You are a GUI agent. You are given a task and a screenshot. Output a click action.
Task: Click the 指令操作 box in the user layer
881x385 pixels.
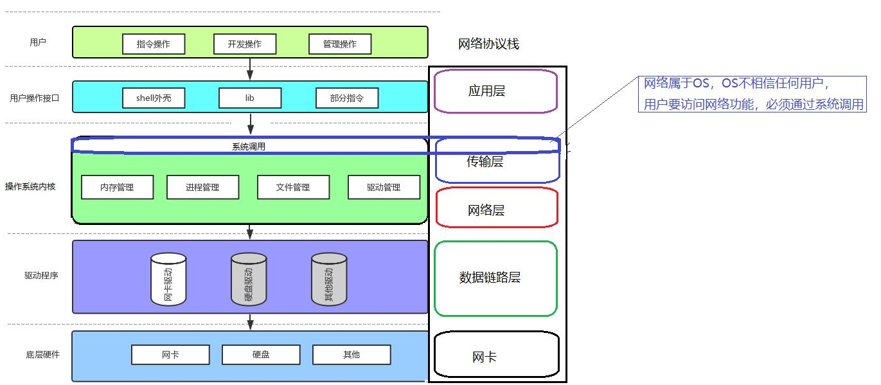pyautogui.click(x=154, y=44)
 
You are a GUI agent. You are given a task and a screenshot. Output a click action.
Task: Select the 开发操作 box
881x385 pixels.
pyautogui.click(x=245, y=44)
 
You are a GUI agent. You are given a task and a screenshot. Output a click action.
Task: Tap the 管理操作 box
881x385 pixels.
pyautogui.click(x=339, y=44)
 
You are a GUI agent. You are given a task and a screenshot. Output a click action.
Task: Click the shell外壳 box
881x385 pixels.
pyautogui.click(x=154, y=98)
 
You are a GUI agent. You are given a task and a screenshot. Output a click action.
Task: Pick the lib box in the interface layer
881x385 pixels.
pyautogui.click(x=250, y=98)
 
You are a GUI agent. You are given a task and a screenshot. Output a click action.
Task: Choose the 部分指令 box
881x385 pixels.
pyautogui.click(x=347, y=98)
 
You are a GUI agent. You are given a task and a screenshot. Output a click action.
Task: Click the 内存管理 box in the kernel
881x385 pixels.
pyautogui.click(x=117, y=187)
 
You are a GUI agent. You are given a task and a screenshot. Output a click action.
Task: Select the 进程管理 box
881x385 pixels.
pyautogui.click(x=202, y=187)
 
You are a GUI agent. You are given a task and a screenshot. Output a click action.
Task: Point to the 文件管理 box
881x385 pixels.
pyautogui.click(x=293, y=187)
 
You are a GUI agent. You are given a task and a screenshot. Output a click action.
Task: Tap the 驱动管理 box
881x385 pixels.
pyautogui.click(x=384, y=187)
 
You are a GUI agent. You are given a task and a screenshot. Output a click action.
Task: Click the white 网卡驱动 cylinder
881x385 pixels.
pyautogui.click(x=168, y=279)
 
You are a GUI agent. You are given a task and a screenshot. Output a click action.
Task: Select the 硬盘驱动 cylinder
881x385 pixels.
pyautogui.click(x=249, y=279)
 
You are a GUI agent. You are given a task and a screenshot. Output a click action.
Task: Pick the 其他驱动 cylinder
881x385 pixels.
pyautogui.click(x=329, y=279)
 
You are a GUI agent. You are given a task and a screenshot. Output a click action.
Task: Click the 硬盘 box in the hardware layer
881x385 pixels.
pyautogui.click(x=261, y=355)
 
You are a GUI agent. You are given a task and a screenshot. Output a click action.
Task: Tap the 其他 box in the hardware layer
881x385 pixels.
pyautogui.click(x=352, y=355)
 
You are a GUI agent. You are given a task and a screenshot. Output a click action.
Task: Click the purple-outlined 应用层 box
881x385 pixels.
pyautogui.click(x=495, y=91)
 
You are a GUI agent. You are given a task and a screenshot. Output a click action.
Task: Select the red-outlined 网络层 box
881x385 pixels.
pyautogui.click(x=497, y=208)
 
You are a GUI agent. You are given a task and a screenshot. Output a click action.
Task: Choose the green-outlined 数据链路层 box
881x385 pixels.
pyautogui.click(x=495, y=278)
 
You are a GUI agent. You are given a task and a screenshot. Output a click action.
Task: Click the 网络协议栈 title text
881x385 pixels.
pyautogui.click(x=488, y=44)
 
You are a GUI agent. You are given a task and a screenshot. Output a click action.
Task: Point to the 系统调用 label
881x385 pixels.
pyautogui.click(x=249, y=147)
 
